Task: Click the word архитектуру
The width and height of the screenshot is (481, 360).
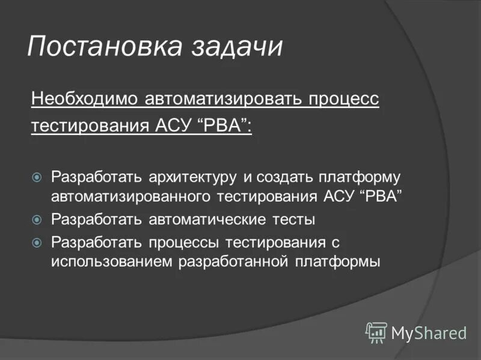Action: point(191,178)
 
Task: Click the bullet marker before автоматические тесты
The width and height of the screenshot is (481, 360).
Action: point(37,220)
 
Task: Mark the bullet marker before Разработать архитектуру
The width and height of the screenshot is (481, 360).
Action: point(37,178)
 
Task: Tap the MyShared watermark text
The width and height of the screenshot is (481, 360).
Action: point(429,332)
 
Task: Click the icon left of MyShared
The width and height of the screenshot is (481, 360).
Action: point(376,332)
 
